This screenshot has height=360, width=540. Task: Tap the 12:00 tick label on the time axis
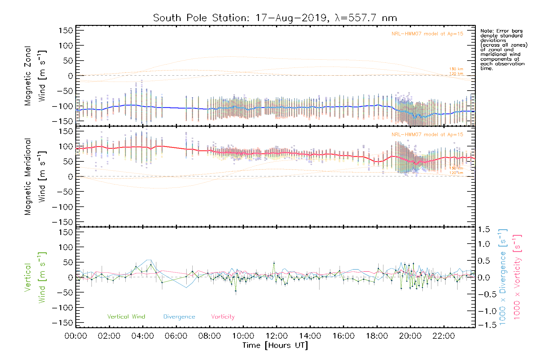277,336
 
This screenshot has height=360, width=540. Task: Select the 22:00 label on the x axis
444,336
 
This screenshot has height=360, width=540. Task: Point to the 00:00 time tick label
76,336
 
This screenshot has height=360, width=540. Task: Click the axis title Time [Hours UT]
275,345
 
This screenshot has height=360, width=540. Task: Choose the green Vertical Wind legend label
126,317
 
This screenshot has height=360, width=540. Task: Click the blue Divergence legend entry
179,317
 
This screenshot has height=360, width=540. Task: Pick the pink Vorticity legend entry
223,317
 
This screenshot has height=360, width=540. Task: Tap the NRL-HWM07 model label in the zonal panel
427,34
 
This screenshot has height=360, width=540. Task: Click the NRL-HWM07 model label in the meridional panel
427,135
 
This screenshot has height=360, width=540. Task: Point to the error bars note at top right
503,49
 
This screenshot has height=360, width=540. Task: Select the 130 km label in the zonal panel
456,69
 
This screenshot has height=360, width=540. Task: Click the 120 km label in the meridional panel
456,173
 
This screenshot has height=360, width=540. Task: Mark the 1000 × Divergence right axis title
502,277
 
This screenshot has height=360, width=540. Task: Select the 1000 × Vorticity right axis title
517,277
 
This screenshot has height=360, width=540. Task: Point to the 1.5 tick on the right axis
484,229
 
